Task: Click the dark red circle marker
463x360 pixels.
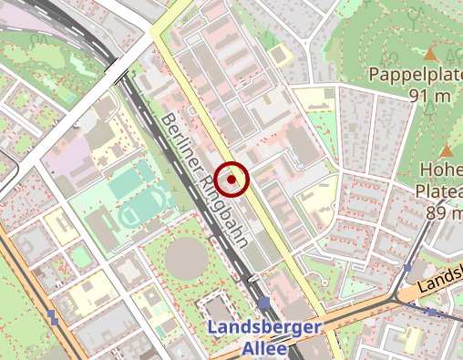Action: coord(234,180)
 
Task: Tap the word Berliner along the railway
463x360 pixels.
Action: coord(181,146)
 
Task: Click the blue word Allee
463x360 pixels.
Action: coord(264,348)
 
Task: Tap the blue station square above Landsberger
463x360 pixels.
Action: coord(264,303)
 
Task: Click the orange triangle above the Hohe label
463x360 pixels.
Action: coord(447,149)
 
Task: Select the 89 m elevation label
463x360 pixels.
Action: coord(443,212)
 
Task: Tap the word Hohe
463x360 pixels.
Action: coord(441,170)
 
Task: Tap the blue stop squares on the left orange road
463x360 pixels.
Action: coord(55,318)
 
